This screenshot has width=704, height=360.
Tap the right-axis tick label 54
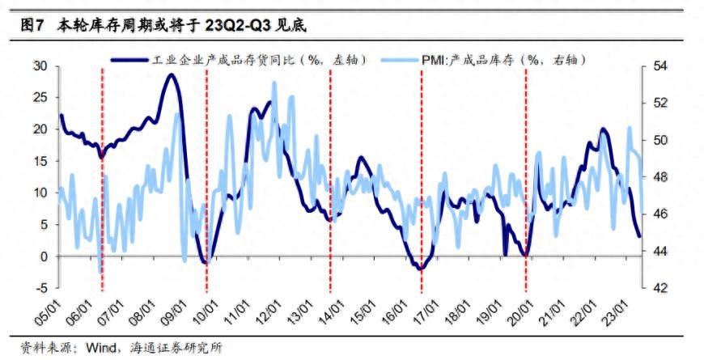pos(663,66)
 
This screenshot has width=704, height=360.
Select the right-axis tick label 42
pos(663,288)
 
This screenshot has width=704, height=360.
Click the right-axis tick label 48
pos(663,176)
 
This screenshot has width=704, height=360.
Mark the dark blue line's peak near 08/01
pos(170,75)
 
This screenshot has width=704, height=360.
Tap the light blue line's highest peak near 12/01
pos(274,83)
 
